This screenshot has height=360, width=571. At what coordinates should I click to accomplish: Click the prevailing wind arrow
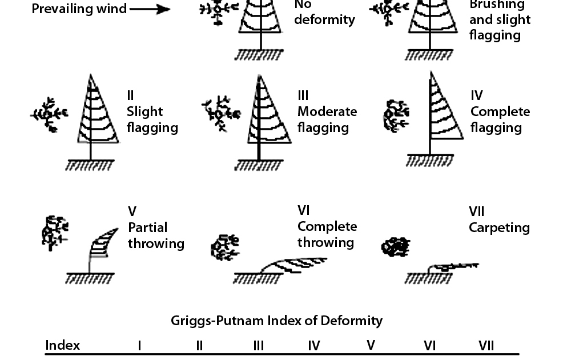point(150,9)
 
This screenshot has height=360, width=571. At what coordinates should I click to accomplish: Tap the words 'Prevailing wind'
point(79,9)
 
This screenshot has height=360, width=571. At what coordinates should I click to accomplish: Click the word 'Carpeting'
point(499,227)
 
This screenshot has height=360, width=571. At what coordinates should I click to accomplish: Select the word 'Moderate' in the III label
point(327,111)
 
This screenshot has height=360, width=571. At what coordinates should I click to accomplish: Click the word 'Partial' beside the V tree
point(147,227)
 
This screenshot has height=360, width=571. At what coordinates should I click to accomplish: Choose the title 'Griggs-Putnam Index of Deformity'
point(276,321)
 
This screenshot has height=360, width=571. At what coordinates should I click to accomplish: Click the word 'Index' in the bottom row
point(63,346)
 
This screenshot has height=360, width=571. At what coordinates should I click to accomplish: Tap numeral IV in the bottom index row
point(313,346)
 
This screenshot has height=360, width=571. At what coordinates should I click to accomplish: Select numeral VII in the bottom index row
point(486,346)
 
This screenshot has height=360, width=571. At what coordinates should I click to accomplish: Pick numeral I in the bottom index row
point(139,346)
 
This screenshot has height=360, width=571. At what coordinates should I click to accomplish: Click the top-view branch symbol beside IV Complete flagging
point(395,114)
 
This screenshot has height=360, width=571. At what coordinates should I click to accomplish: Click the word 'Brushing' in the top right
point(497,5)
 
